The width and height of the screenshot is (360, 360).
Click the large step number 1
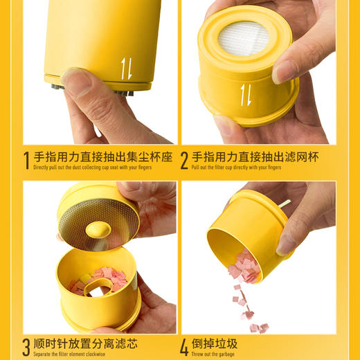coord(26,161)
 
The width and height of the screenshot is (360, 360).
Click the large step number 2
coord(185,161)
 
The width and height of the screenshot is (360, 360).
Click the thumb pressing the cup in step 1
coord(77,82)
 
